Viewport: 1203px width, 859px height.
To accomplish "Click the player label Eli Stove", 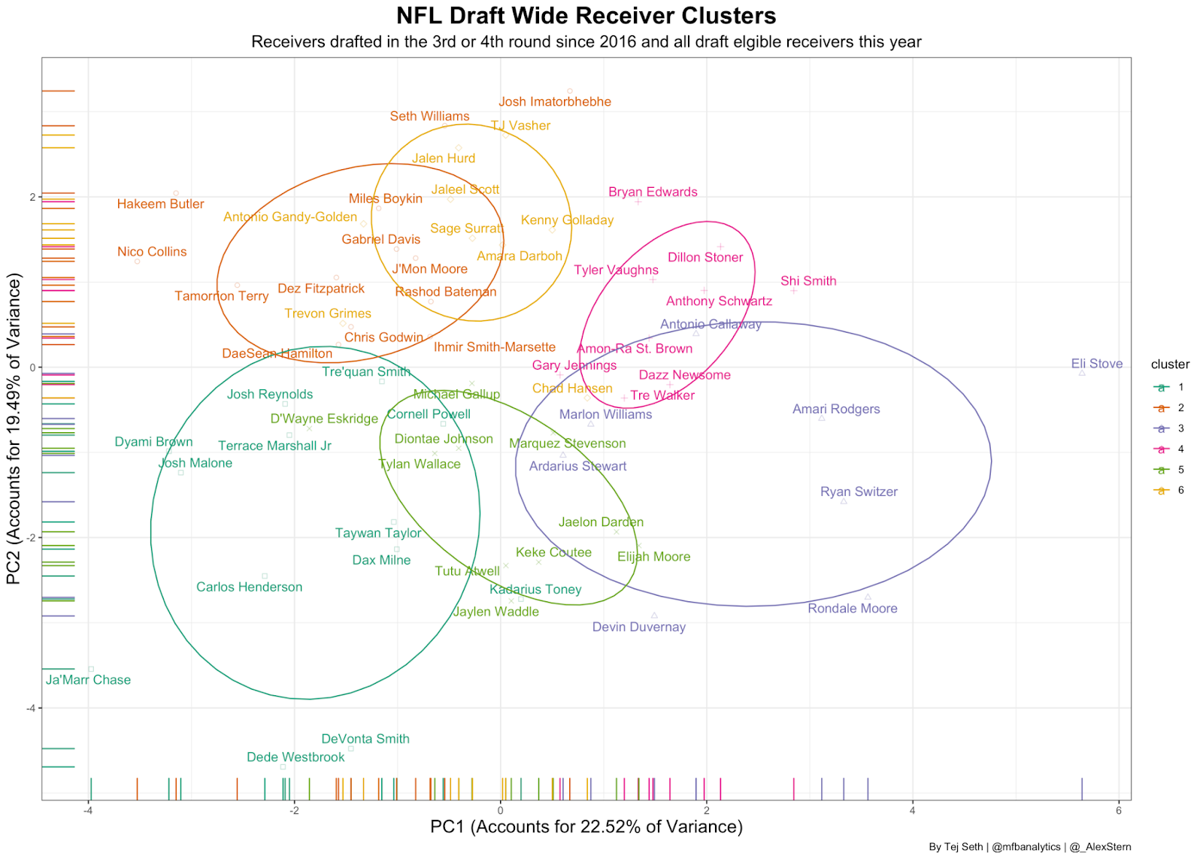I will coord(1096,364).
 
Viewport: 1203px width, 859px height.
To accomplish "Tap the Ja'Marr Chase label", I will coord(88,680).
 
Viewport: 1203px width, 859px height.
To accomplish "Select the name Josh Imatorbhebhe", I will coord(555,102).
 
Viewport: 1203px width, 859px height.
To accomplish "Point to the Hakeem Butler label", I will coord(160,204).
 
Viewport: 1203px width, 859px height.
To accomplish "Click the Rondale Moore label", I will coord(852,609).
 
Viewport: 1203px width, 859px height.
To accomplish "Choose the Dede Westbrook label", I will coord(295,758).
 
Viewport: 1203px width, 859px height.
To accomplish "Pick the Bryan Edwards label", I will coord(653,192).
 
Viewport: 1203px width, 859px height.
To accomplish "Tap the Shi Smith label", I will coord(808,281).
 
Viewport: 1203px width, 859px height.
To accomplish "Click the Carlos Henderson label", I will coord(249,587).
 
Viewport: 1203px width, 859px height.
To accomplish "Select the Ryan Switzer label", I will coord(859,492).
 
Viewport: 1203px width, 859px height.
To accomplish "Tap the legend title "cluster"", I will coord(1170,364).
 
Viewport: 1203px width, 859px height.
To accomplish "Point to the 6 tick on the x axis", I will coord(1119,810).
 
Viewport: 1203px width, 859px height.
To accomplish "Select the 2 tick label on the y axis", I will coord(32,197).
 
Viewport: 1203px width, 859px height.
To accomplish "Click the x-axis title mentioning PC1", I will coord(586,827).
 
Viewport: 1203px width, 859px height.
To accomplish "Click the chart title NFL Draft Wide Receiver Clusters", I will coord(586,16).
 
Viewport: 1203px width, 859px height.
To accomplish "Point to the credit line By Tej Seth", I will coord(1029,847).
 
